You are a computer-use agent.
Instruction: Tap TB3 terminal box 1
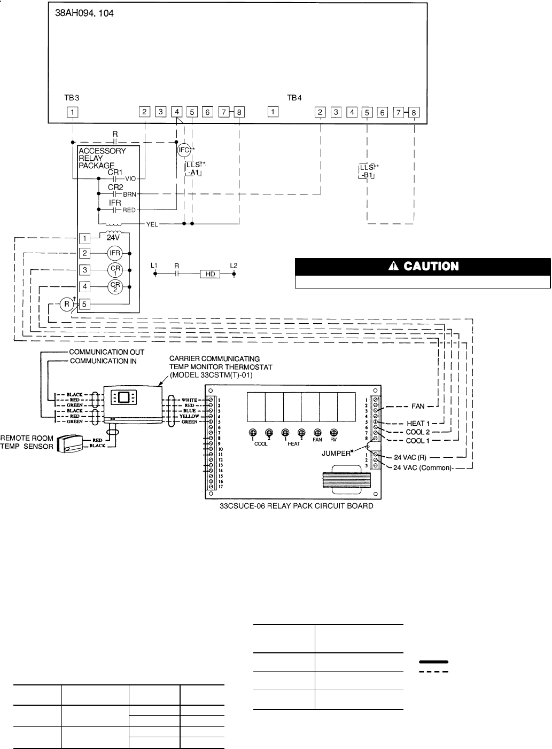point(72,112)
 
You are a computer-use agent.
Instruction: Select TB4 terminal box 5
point(367,113)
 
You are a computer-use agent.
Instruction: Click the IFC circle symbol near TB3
point(183,150)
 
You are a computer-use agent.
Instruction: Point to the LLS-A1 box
point(193,168)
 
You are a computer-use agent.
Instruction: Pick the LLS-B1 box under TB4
point(367,171)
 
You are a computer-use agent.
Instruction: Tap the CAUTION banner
point(423,266)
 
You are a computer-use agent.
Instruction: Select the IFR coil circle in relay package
point(115,253)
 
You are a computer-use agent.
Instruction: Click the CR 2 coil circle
point(115,287)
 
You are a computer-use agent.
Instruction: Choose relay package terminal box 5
point(84,305)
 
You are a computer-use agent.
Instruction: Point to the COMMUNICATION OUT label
point(103,353)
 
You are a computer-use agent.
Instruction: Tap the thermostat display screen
point(123,397)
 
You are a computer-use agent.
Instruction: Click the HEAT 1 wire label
point(418,424)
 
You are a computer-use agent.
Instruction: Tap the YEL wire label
point(152,225)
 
